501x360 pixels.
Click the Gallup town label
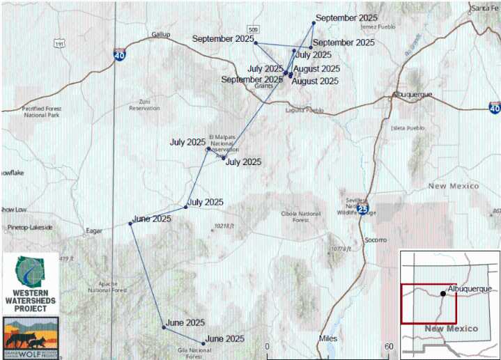pyautogui.click(x=160, y=34)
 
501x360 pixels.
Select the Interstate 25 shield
pyautogui.click(x=362, y=208)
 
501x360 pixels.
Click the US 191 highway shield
pyautogui.click(x=61, y=43)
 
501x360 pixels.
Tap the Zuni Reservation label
pyautogui.click(x=144, y=104)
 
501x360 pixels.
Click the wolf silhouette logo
pyautogui.click(x=29, y=334)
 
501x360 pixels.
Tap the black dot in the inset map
pyautogui.click(x=443, y=293)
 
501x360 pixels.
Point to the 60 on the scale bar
pyautogui.click(x=390, y=346)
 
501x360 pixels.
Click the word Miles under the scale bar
pyautogui.click(x=327, y=338)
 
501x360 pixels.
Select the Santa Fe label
pyautogui.click(x=485, y=8)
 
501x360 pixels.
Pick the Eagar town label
pyautogui.click(x=93, y=230)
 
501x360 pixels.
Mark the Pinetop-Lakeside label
pyautogui.click(x=26, y=227)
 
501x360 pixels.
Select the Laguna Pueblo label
pyautogui.click(x=305, y=110)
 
